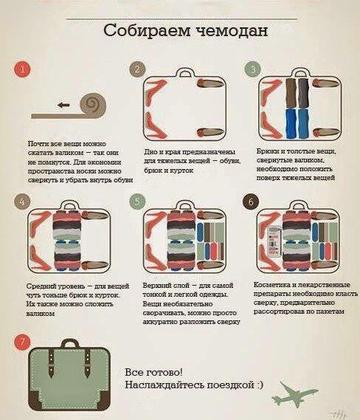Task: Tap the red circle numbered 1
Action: pyautogui.click(x=24, y=70)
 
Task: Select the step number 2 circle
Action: pyautogui.click(x=136, y=69)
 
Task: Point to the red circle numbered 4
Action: pyautogui.click(x=23, y=202)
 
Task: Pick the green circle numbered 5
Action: pyautogui.click(x=136, y=202)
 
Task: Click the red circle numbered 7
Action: pyautogui.click(x=23, y=342)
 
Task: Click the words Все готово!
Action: pyautogui.click(x=153, y=372)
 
